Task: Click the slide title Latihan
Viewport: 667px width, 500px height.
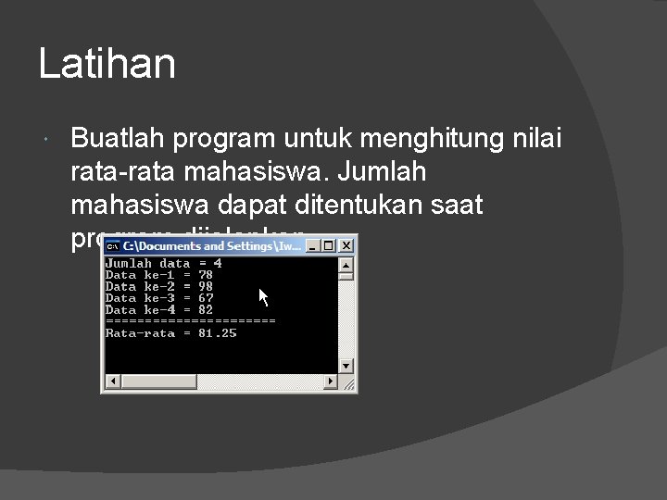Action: pos(107,65)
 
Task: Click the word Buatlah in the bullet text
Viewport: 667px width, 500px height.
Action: pos(119,139)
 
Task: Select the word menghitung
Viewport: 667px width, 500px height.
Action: pos(432,139)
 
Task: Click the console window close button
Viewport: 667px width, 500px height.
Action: pos(346,246)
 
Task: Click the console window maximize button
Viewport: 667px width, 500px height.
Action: pos(329,246)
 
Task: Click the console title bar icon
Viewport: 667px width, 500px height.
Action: pos(112,246)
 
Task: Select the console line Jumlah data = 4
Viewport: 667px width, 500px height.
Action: pos(163,264)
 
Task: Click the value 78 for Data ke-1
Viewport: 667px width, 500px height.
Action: pos(206,275)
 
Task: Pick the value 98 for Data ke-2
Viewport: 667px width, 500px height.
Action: pos(206,287)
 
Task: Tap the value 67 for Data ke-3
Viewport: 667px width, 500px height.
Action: pos(206,298)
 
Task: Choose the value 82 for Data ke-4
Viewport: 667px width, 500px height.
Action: pos(206,310)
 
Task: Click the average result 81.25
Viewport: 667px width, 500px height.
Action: pos(218,333)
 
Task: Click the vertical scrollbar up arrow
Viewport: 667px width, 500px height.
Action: pos(346,264)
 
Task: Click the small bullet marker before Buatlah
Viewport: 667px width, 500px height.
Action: pos(47,140)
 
